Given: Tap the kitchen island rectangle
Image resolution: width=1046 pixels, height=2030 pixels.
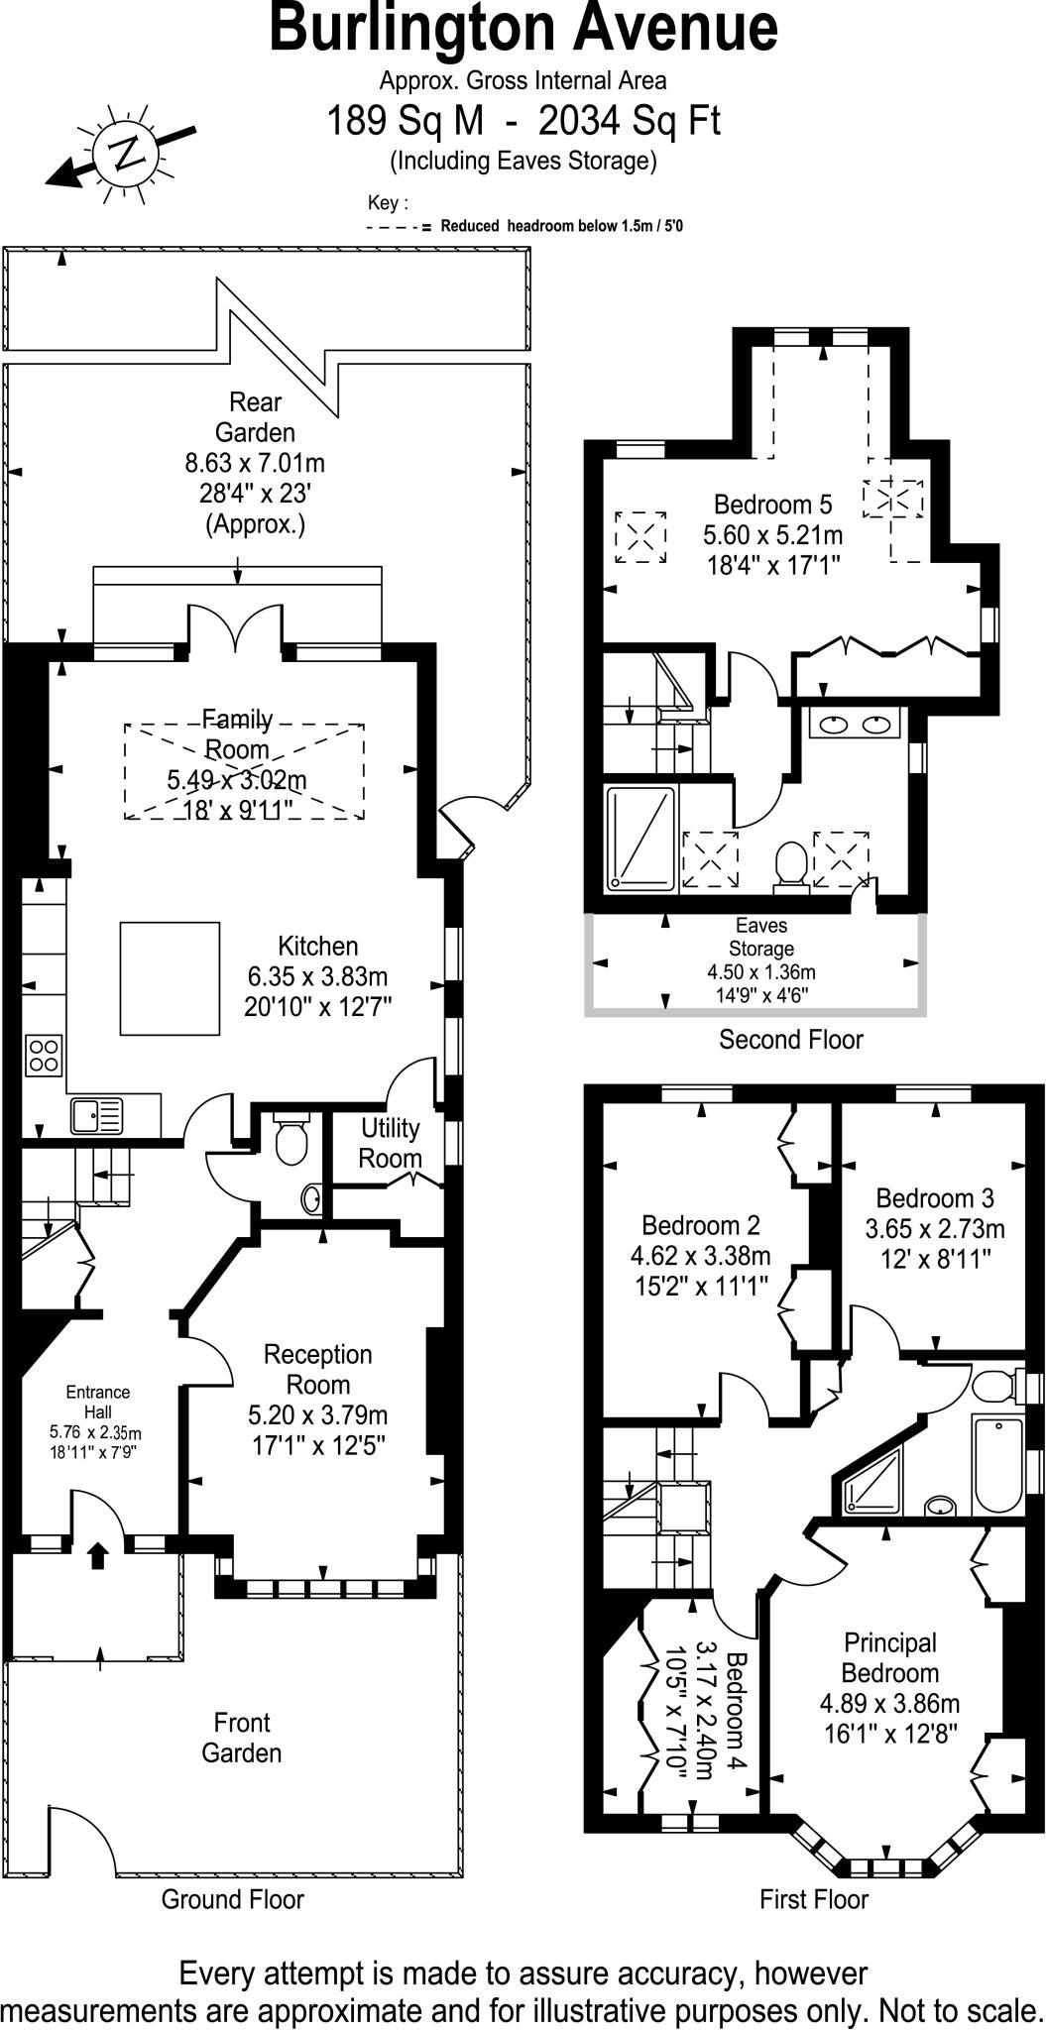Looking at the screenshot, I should (170, 977).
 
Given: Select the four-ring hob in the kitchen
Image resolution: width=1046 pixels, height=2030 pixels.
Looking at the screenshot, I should (45, 1055).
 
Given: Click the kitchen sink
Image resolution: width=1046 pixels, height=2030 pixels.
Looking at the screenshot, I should (96, 1115).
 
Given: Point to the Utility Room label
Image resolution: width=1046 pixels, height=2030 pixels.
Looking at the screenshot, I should (390, 1143).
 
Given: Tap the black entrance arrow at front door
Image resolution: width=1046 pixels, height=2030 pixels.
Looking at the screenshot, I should (98, 1555).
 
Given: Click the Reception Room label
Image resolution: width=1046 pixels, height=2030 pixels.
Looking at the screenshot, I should (317, 1369).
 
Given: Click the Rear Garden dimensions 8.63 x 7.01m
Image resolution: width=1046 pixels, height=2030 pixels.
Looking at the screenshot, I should (255, 463).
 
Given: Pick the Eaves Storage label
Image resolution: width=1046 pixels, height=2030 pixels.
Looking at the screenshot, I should (761, 937).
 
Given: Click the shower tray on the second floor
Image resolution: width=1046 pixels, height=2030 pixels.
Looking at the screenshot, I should (640, 835).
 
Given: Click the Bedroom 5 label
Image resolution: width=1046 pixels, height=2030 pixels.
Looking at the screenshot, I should (772, 504).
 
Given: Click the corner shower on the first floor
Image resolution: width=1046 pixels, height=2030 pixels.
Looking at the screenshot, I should (872, 1484).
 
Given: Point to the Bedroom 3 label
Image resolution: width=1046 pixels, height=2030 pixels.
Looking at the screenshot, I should (934, 1197).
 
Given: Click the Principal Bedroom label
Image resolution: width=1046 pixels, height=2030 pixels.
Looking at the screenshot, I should (889, 1657).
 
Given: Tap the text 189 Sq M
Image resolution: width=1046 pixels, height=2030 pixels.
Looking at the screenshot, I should (407, 122).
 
